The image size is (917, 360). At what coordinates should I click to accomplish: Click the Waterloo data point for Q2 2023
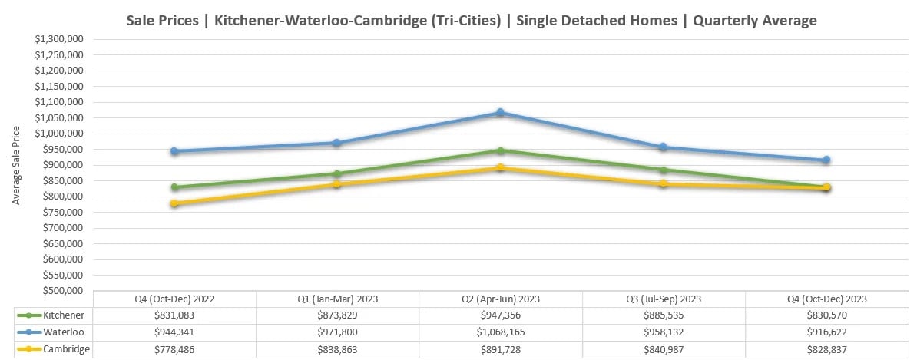click(x=500, y=113)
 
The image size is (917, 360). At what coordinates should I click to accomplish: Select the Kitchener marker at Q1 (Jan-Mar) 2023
click(x=337, y=174)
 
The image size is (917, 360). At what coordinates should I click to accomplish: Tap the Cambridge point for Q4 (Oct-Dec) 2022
click(x=174, y=204)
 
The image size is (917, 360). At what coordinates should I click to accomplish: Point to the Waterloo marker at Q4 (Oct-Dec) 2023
click(x=826, y=160)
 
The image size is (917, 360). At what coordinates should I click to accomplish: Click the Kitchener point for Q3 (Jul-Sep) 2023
click(x=664, y=170)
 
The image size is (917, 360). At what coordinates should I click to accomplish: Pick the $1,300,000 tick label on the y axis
click(x=59, y=38)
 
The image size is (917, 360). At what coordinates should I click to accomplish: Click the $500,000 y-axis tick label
click(x=61, y=291)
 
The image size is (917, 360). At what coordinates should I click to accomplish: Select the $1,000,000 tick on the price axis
click(x=59, y=134)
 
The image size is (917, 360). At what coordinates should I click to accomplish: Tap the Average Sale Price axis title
click(x=16, y=164)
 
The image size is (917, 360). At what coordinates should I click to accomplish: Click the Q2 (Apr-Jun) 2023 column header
click(x=500, y=299)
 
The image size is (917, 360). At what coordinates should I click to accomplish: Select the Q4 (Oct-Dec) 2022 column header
click(x=174, y=299)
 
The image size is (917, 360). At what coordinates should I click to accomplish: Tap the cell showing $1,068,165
click(x=500, y=332)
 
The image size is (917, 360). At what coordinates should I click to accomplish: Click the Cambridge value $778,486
click(x=174, y=348)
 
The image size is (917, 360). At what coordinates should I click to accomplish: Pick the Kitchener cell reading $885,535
click(x=664, y=315)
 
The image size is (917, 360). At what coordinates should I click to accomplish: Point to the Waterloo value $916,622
click(x=826, y=332)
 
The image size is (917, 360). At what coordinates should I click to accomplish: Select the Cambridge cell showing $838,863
click(x=337, y=348)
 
